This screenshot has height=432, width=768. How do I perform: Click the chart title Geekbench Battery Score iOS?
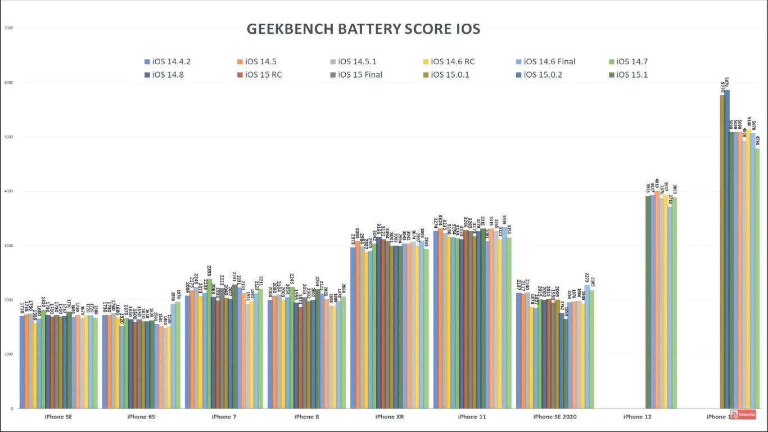point(363,29)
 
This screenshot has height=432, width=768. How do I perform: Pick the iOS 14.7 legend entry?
point(635,62)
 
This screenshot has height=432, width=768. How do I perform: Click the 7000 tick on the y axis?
point(9,28)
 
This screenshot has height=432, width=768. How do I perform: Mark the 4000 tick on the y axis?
point(9,191)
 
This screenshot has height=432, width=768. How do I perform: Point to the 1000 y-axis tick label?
point(9,354)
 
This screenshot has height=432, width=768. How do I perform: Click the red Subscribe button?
point(743,415)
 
